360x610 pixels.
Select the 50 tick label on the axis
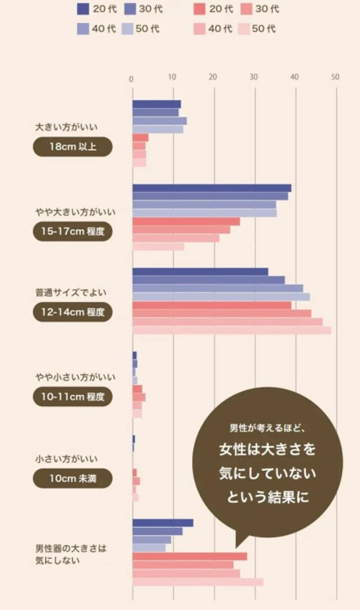(335, 78)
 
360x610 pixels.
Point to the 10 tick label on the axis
(172, 78)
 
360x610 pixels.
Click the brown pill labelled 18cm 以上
(72, 147)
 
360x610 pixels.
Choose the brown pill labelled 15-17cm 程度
(72, 231)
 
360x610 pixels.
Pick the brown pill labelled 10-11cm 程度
(72, 397)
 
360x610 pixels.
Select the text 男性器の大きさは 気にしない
(71, 554)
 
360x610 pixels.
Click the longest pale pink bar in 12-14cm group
(232, 330)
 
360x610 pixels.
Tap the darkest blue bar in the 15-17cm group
(211, 188)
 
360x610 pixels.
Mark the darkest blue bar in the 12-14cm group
(200, 272)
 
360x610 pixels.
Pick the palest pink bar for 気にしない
(198, 582)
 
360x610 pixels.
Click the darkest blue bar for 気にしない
(163, 523)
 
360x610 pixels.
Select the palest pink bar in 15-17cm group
(158, 247)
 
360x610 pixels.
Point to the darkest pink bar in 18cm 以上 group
(140, 138)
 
